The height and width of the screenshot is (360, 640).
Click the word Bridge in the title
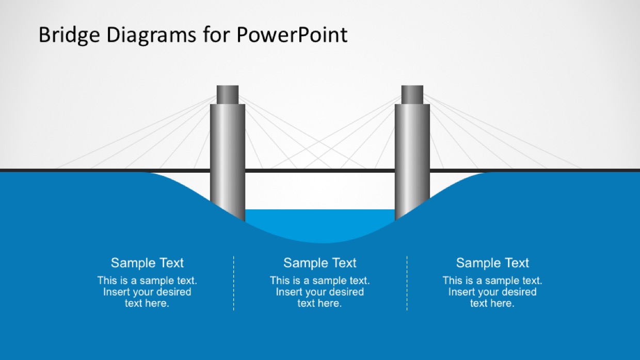69,35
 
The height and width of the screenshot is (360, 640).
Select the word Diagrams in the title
151,35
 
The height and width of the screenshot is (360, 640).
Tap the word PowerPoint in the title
292,35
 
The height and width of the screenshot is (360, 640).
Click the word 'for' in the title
217,35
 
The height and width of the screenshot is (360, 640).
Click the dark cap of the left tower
228,94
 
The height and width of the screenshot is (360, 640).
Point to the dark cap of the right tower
412,94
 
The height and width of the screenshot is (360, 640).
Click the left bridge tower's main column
228,161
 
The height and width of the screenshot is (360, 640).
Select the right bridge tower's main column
412,161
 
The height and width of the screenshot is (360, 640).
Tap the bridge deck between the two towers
320,171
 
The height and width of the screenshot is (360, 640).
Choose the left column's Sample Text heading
147,263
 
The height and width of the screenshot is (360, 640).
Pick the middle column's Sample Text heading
319,263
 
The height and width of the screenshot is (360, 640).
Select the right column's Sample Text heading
492,263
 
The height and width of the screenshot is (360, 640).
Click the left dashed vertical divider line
233,283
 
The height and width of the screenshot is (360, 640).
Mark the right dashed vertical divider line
407,283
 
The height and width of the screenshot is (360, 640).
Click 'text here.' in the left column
147,303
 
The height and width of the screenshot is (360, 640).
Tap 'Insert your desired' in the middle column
319,292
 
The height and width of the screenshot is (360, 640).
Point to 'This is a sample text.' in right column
492,281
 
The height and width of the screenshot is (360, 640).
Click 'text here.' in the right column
492,303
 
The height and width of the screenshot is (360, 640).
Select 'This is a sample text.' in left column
147,281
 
